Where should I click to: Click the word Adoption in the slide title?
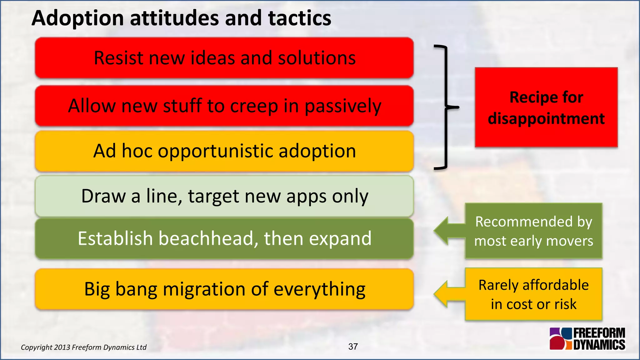(x=78, y=18)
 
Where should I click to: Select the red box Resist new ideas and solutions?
(x=224, y=58)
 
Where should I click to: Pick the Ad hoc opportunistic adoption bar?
(x=224, y=151)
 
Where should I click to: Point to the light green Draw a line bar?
(x=224, y=196)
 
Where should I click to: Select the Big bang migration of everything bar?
(x=224, y=289)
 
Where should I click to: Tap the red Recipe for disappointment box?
(x=546, y=107)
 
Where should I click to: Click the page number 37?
(x=353, y=347)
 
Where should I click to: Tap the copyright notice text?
(x=83, y=347)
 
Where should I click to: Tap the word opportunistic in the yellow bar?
(x=215, y=151)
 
